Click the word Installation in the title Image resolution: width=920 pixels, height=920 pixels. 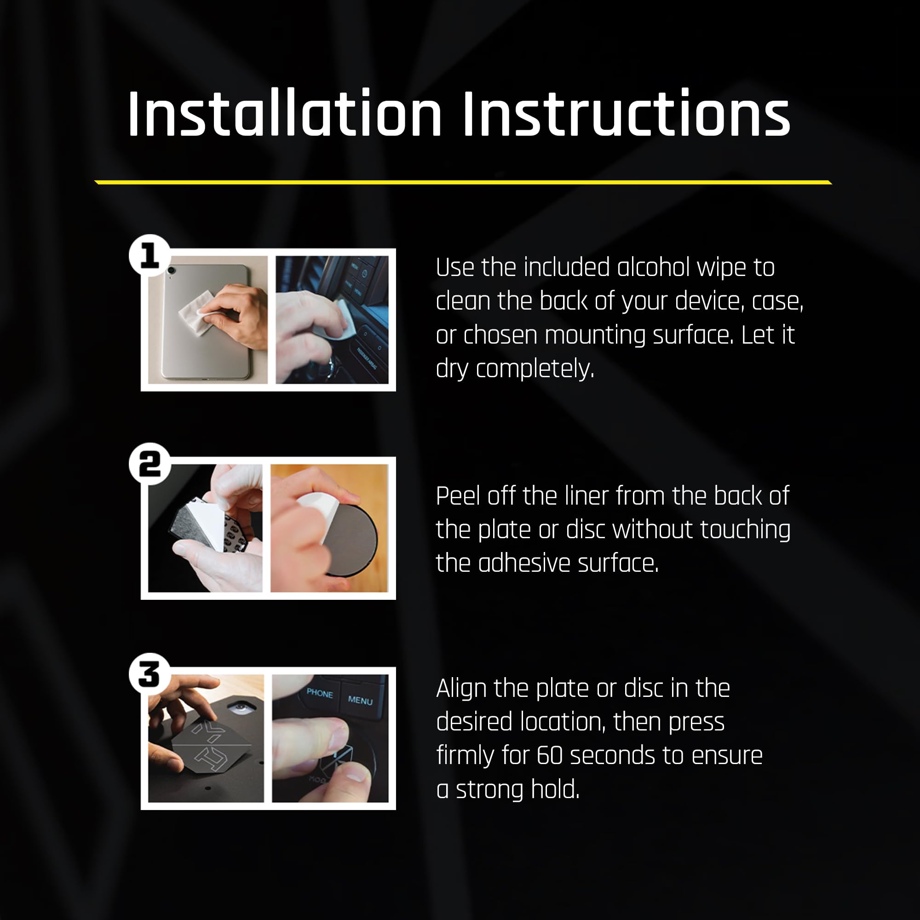point(285,114)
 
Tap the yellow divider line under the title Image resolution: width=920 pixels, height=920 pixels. point(463,182)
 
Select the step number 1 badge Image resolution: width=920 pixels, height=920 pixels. point(150,255)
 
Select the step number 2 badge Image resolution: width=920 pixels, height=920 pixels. point(150,464)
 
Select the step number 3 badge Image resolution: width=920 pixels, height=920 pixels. point(150,674)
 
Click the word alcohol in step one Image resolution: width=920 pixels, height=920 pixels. point(654,267)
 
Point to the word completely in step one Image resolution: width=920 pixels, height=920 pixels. point(535,369)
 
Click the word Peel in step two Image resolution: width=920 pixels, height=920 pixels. point(458,496)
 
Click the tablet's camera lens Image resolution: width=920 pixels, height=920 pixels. point(172,270)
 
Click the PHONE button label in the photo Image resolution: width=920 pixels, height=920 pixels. point(320,693)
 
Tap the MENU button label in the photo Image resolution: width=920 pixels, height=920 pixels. point(360,700)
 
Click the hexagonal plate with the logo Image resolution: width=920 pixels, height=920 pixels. point(211,748)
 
